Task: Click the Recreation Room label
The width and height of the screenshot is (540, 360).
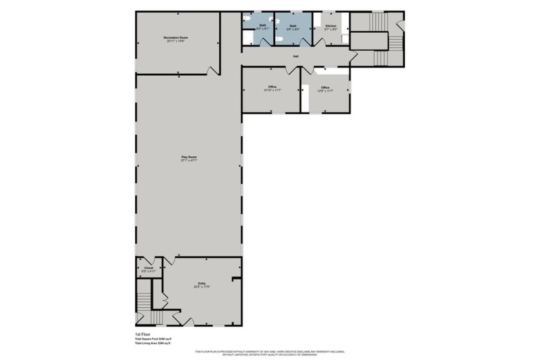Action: pos(176,38)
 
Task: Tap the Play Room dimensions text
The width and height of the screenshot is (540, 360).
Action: pos(188,161)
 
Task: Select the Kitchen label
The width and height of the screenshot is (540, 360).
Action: pos(330,26)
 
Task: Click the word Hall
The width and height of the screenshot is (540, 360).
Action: pos(296,57)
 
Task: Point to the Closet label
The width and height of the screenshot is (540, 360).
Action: pos(148,268)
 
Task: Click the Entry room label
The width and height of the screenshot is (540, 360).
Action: pos(202,283)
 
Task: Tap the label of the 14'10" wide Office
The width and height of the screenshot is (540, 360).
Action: pos(272,87)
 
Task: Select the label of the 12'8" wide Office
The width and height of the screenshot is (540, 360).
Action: pos(325,87)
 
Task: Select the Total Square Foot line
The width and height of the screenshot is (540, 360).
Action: pos(153,339)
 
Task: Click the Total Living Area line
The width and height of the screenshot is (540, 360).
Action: pos(152,344)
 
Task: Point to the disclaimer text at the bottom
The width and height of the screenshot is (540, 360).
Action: pos(270,352)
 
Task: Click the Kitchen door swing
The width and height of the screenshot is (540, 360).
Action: pos(319,41)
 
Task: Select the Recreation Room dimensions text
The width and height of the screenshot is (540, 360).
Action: pos(176,42)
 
